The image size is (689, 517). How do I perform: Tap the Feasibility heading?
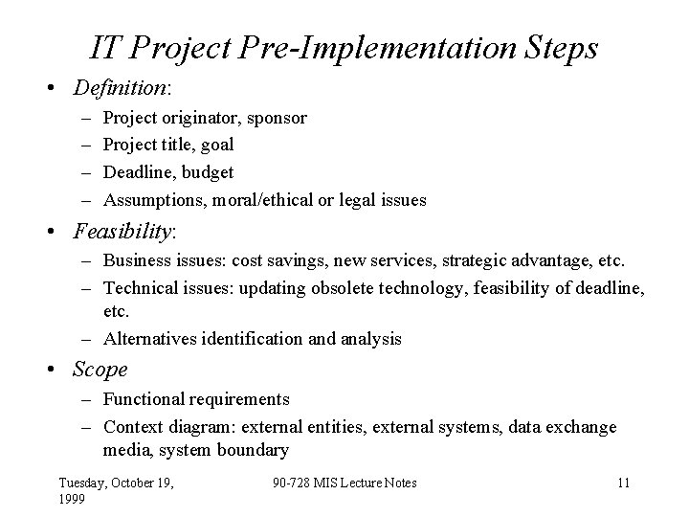(x=122, y=233)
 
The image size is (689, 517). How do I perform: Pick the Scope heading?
(x=100, y=370)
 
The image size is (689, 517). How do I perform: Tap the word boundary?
(x=256, y=450)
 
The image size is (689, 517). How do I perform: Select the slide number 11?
(x=623, y=483)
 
